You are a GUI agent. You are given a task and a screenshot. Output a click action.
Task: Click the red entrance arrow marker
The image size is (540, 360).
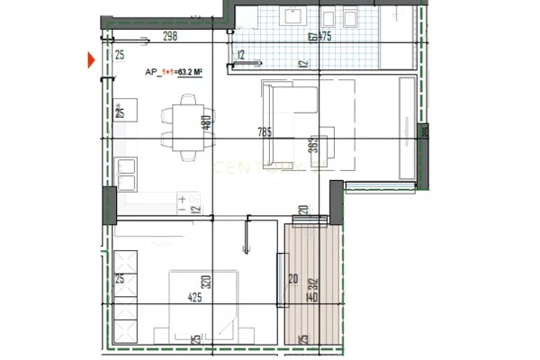pyautogui.click(x=91, y=61)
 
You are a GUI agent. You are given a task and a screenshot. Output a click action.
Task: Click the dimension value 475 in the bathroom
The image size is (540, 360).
pyautogui.click(x=323, y=37)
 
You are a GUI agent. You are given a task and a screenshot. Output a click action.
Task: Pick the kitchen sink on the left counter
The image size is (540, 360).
pyautogui.click(x=126, y=175)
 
